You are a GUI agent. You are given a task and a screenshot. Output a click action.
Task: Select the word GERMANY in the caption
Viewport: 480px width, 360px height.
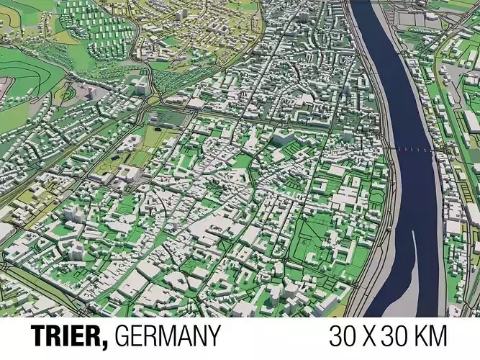[x=167, y=337]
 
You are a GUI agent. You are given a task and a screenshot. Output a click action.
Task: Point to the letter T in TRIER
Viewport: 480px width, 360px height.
[x=37, y=337]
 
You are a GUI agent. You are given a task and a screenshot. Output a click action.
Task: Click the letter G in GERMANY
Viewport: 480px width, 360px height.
[x=123, y=337]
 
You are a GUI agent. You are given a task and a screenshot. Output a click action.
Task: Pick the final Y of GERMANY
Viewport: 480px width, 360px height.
[x=212, y=337]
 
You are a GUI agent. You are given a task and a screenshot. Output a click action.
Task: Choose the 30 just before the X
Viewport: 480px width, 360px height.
[x=342, y=337]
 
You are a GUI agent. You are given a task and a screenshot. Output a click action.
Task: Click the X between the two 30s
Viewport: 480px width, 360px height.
[x=369, y=337]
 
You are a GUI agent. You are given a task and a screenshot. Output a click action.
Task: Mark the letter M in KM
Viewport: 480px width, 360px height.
[x=440, y=337]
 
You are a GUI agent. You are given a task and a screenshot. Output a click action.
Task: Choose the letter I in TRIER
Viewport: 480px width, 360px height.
[x=70, y=337]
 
